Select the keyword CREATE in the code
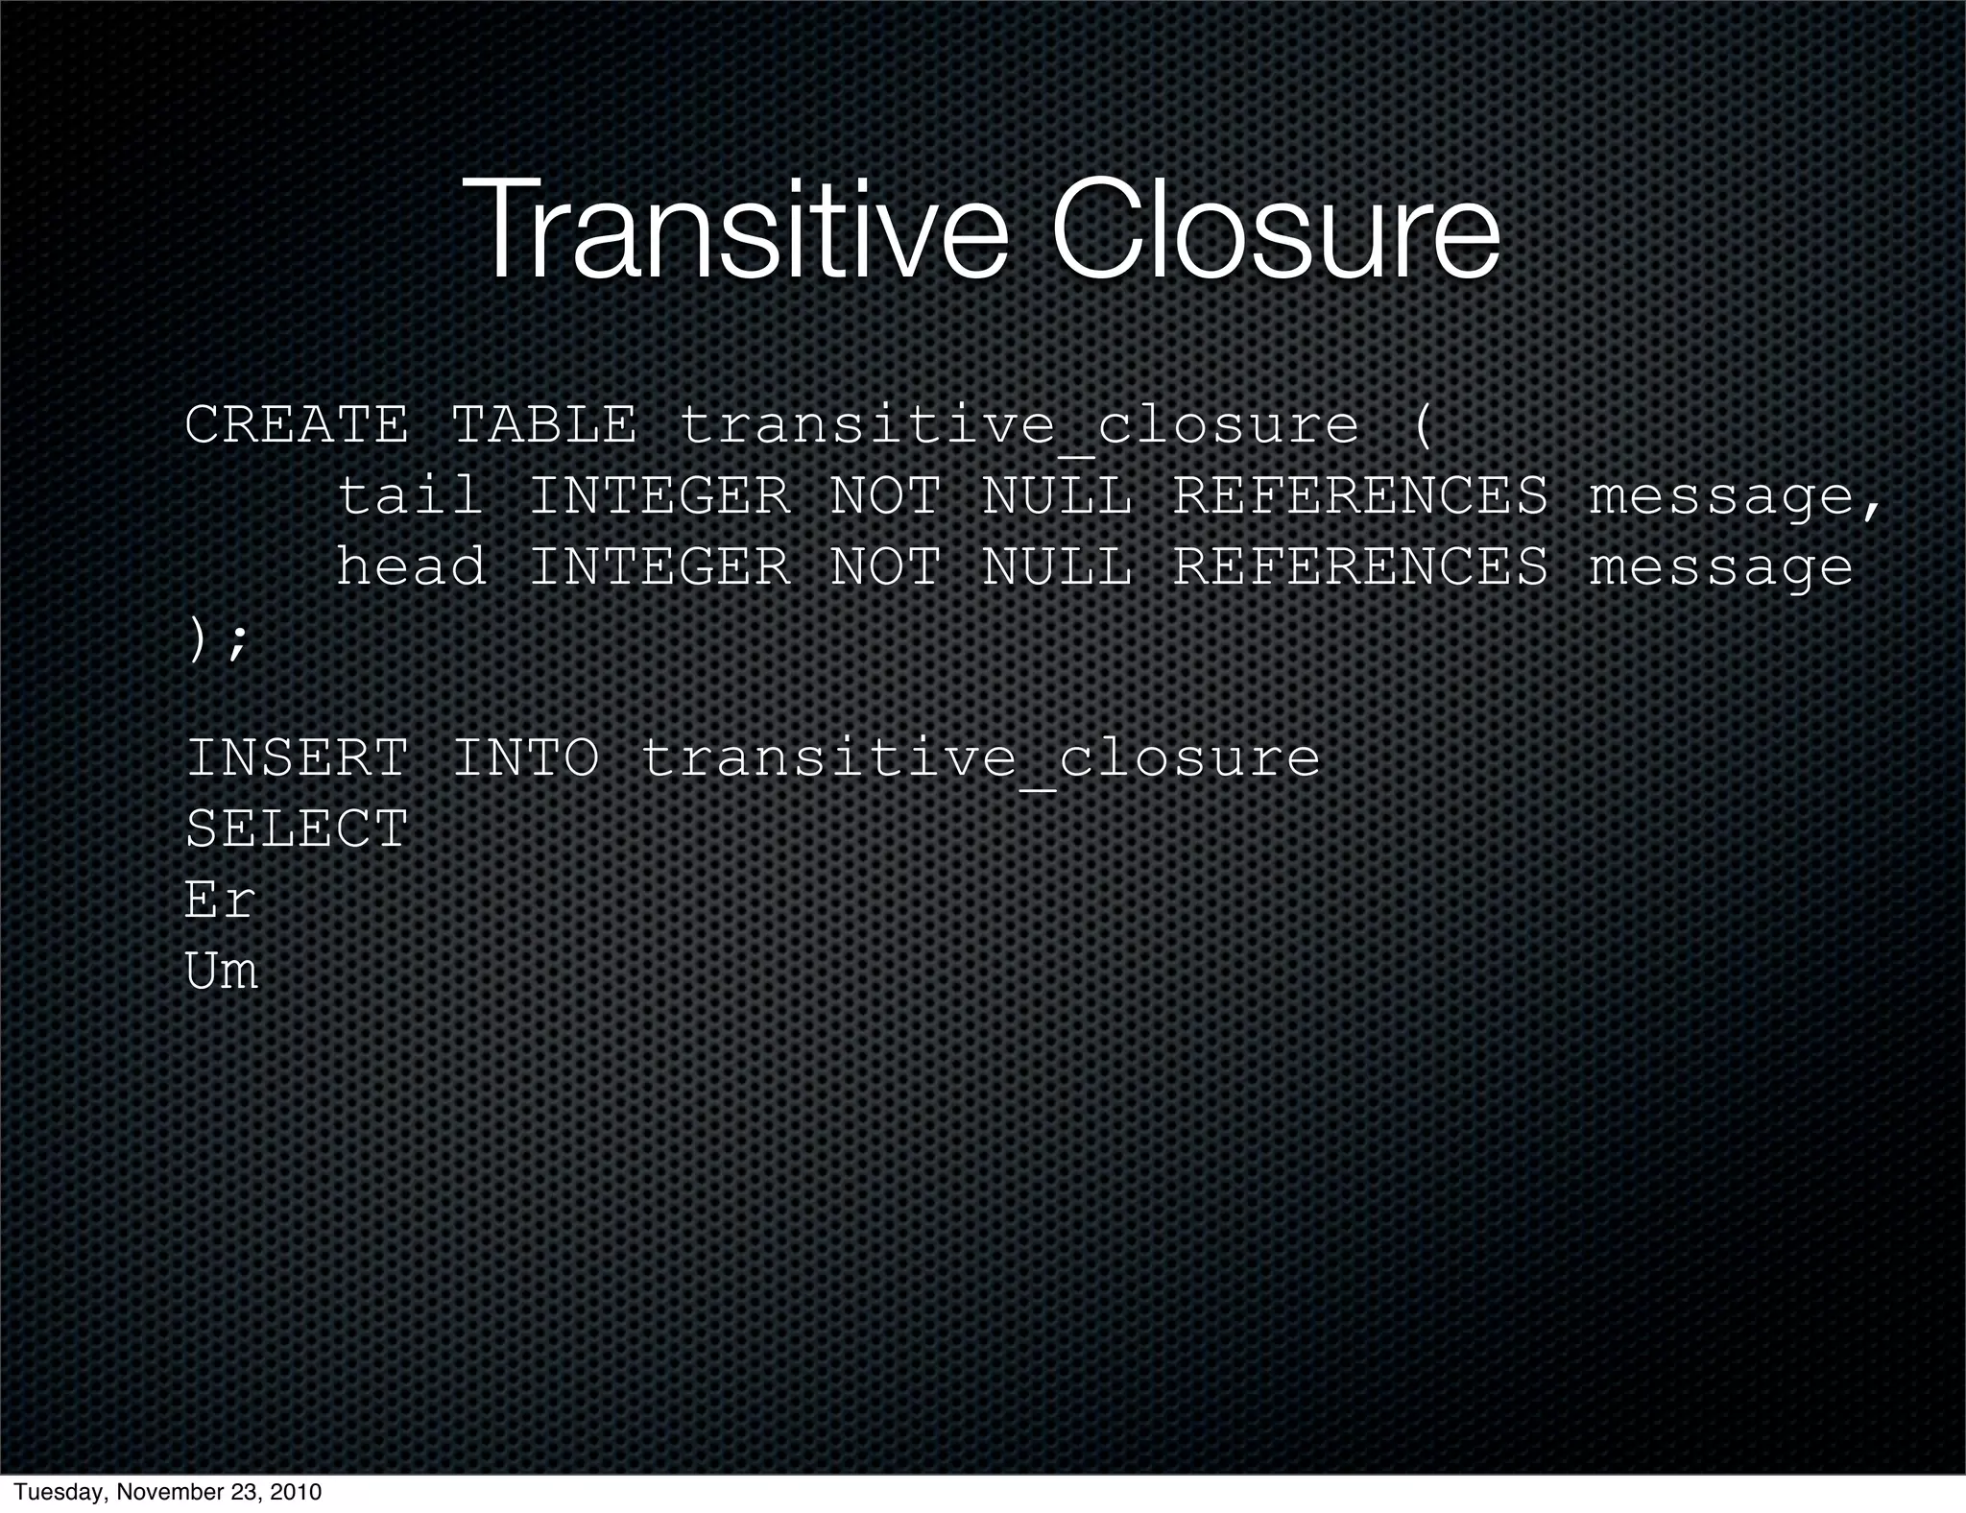click(x=296, y=424)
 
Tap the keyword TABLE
click(x=543, y=424)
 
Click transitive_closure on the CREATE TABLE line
click(x=1019, y=426)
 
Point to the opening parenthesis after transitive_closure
click(x=1422, y=424)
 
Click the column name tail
click(x=410, y=495)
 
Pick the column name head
click(x=411, y=565)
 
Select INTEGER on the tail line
click(x=659, y=495)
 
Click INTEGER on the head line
click(x=659, y=565)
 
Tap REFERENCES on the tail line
click(x=1360, y=495)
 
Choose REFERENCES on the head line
click(x=1360, y=565)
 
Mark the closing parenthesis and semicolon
click(x=217, y=639)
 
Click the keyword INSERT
click(x=296, y=757)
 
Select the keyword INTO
click(x=525, y=757)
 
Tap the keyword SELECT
click(x=296, y=829)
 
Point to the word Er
click(x=220, y=900)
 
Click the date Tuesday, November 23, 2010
click(x=168, y=1492)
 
